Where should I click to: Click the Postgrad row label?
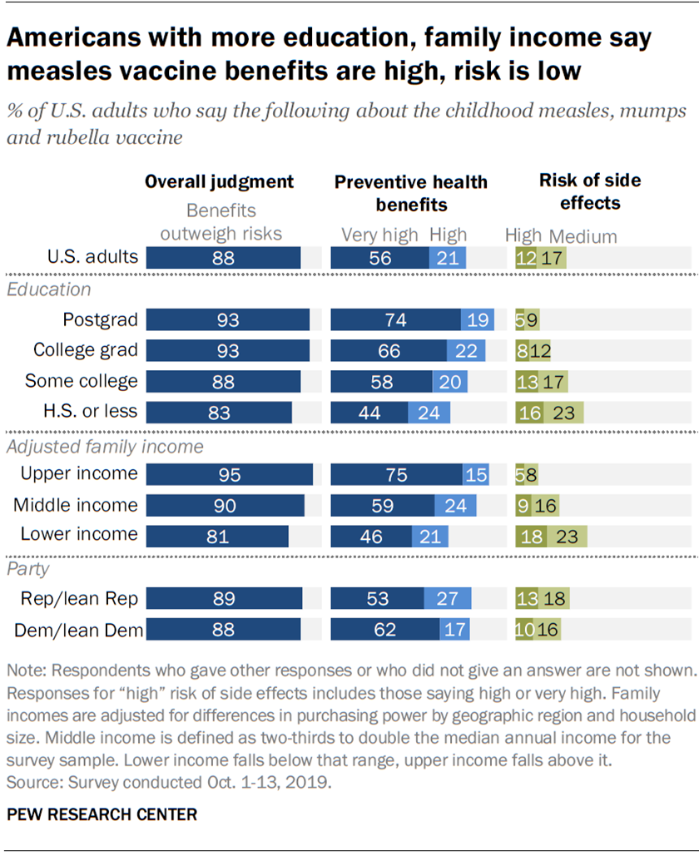100,320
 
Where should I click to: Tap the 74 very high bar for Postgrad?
395,320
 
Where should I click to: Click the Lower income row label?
78,534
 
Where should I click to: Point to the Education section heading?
49,289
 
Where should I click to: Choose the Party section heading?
28,569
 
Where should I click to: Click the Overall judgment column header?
220,181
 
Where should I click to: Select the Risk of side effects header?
578,190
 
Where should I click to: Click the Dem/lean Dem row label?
79,631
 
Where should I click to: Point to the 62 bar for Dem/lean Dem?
385,631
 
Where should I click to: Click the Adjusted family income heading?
105,447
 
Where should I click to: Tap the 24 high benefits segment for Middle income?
455,505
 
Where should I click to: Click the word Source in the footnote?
32,783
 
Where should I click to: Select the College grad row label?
86,350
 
